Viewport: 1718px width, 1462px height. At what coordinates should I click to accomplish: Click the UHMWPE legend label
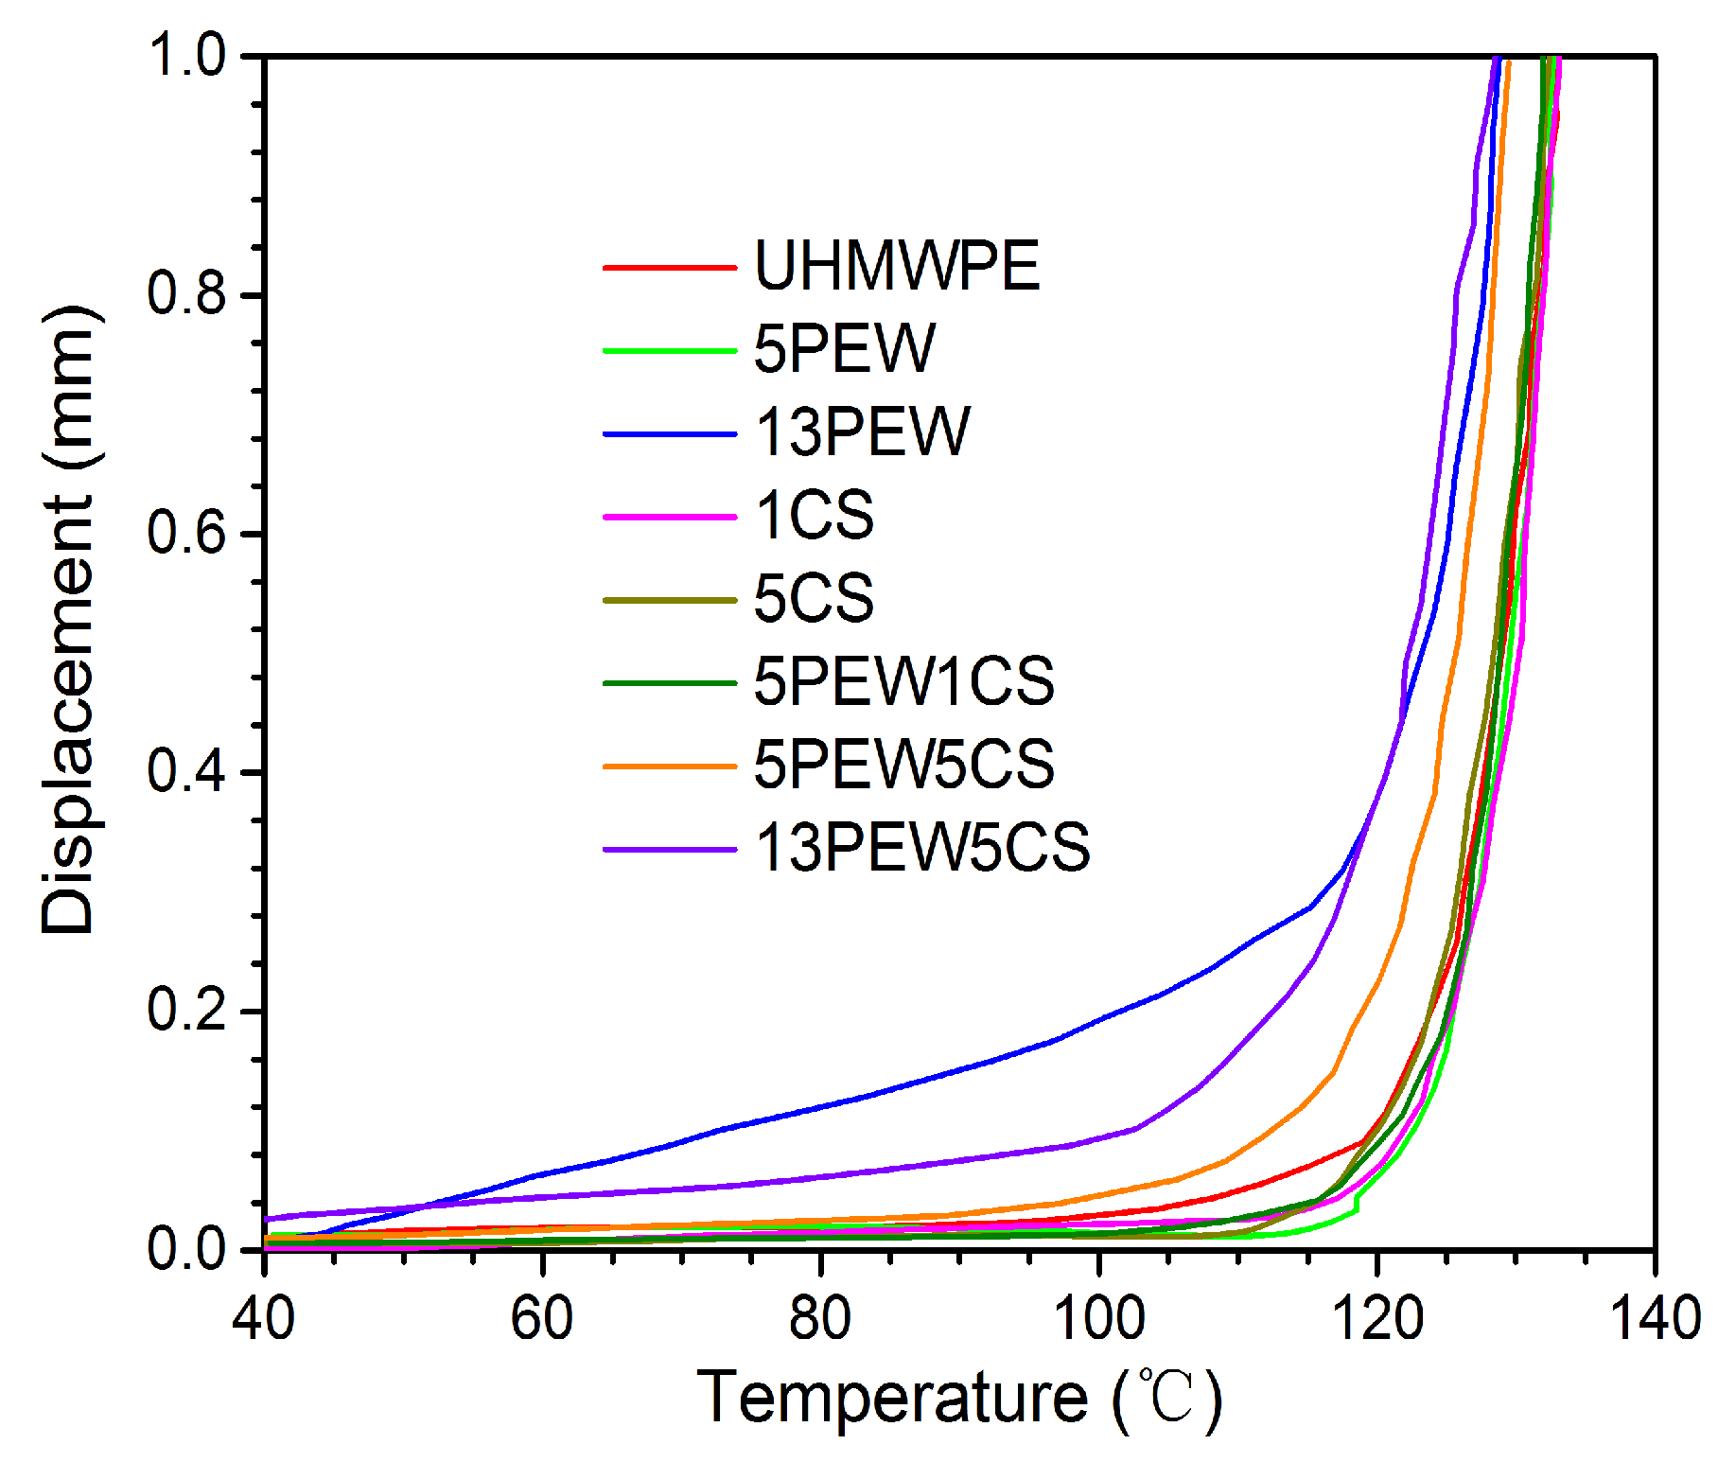click(x=896, y=266)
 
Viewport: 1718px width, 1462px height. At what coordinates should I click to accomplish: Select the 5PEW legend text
click(x=844, y=348)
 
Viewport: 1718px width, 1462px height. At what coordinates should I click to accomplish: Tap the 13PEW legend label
click(x=862, y=432)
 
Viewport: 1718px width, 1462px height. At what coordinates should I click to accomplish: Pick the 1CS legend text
click(x=814, y=516)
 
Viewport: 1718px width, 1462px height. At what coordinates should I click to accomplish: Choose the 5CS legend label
click(x=814, y=598)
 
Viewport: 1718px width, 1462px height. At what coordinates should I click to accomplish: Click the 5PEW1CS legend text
click(x=903, y=681)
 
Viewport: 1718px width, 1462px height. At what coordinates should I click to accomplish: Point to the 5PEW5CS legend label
click(x=903, y=765)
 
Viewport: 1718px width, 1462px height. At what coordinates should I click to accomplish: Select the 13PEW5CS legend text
click(x=922, y=847)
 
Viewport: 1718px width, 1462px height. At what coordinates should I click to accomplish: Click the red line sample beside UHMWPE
click(x=669, y=268)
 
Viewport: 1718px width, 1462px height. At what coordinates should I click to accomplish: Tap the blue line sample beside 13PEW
click(x=669, y=434)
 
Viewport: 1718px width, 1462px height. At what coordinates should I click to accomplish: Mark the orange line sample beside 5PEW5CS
click(x=669, y=766)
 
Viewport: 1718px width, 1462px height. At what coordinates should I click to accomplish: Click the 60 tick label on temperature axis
click(x=542, y=1318)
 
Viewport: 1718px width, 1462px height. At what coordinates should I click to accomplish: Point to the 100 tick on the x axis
click(x=1098, y=1318)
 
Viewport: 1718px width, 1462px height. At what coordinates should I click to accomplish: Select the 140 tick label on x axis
click(x=1655, y=1318)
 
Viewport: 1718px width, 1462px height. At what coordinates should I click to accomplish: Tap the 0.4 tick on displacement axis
click(x=186, y=771)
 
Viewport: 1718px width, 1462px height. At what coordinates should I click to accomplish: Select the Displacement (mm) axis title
click(x=68, y=620)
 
